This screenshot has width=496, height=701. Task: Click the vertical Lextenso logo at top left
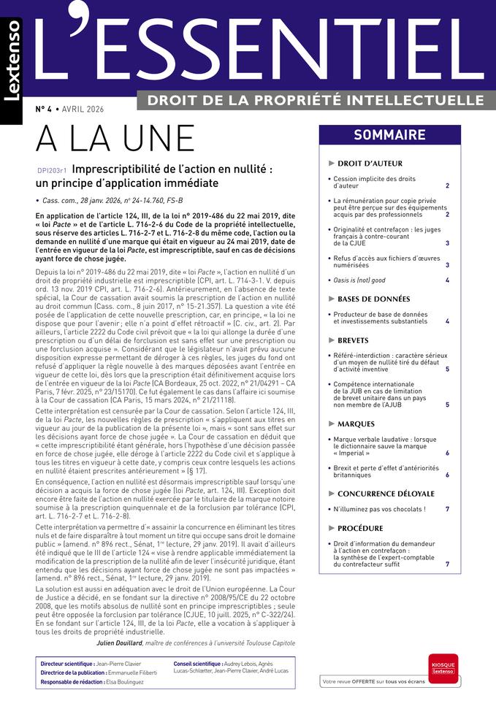[12, 69]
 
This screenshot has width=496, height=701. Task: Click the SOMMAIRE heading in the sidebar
[389, 135]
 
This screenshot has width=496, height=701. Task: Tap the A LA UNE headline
[115, 139]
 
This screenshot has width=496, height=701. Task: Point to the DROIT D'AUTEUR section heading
[370, 164]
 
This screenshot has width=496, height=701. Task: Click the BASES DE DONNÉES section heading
[373, 299]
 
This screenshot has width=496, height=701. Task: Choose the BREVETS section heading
[353, 341]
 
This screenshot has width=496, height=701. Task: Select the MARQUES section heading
[356, 424]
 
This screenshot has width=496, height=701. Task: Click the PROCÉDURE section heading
[360, 528]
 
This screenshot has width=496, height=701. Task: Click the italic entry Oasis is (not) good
[359, 280]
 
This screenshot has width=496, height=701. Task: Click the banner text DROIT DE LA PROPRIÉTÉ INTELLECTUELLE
[316, 100]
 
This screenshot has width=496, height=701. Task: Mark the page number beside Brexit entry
[447, 475]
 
